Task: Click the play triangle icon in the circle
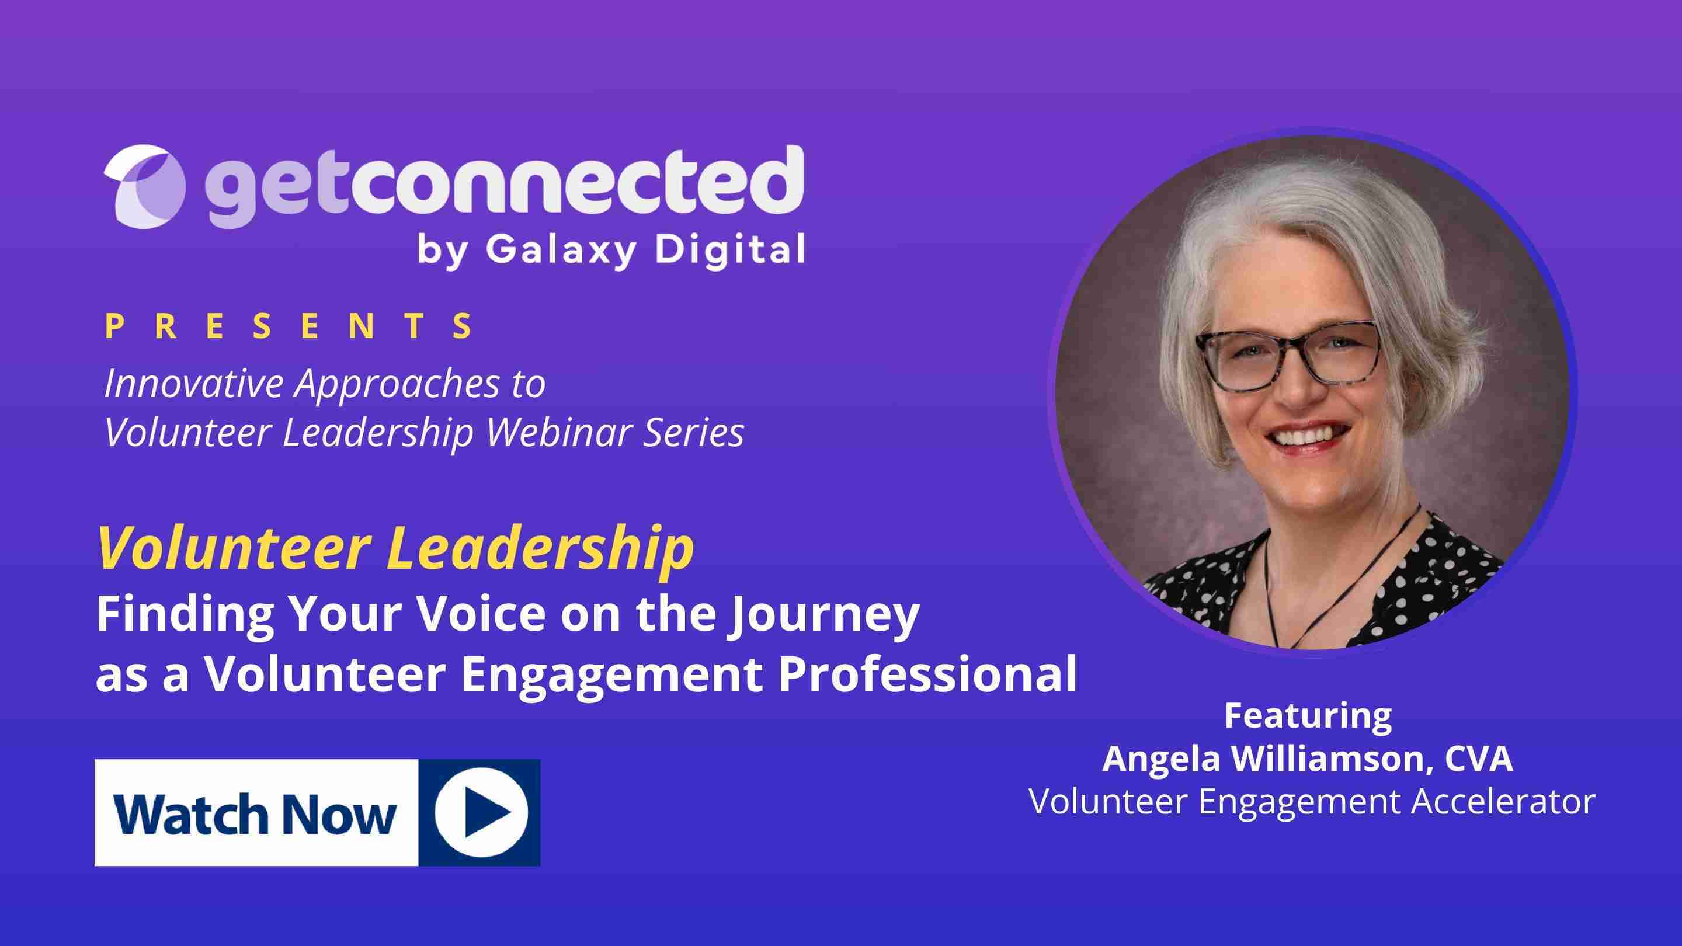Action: (485, 813)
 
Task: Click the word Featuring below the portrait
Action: (1308, 716)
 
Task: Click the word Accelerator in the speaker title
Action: (1503, 801)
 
